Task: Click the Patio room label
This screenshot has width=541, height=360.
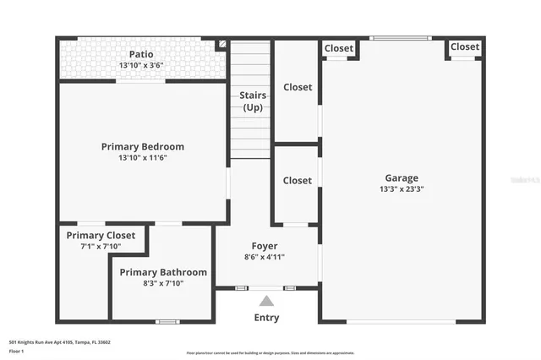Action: coord(142,53)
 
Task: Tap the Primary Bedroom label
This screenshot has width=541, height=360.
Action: coord(142,146)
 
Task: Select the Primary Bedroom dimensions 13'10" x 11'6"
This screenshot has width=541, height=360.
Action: coord(142,158)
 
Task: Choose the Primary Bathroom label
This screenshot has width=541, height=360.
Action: coord(163,272)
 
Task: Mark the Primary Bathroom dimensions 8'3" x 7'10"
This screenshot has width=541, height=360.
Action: coord(163,283)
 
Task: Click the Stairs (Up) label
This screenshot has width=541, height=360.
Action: coord(252,101)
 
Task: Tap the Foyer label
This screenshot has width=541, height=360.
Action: coord(265,246)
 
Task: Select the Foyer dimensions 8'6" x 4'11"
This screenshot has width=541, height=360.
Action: coord(265,257)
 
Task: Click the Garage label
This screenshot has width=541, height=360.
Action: coord(402,177)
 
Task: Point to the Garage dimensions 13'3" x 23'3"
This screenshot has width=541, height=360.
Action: coord(402,189)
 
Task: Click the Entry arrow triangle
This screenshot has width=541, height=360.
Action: coord(266,300)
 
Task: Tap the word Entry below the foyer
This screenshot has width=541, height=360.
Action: coord(266,318)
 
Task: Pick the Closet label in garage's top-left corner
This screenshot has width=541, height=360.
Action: coord(339,48)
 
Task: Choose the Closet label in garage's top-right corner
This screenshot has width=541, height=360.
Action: coord(465,46)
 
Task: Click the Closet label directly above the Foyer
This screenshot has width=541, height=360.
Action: coord(297,180)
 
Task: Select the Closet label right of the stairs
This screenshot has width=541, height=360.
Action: coord(297,87)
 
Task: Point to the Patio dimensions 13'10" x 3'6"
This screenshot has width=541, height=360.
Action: coord(142,65)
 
